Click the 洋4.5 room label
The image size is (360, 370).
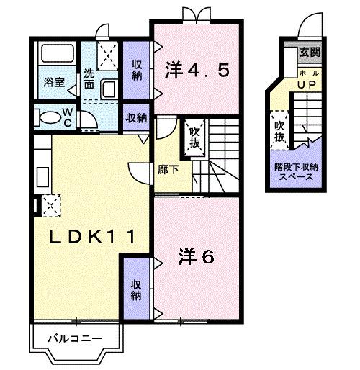197,71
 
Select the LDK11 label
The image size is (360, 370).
89,235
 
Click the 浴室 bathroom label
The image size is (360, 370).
55,83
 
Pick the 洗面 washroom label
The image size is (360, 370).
89,78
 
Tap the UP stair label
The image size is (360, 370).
308,84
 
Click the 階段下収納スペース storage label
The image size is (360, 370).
297,171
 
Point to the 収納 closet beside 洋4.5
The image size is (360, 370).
137,69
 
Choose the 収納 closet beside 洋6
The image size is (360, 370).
137,290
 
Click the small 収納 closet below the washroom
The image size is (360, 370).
136,117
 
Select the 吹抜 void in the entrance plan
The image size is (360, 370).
279,130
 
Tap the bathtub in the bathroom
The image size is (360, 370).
55,56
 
